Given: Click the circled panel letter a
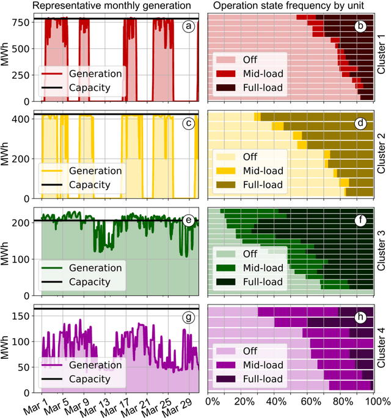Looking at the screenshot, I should coord(190,26).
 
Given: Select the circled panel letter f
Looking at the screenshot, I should coord(361,221).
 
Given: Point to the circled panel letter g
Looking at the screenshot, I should coord(190,318).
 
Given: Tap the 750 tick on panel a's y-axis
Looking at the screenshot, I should coord(27,22).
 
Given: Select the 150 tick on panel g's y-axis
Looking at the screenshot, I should coord(27,316).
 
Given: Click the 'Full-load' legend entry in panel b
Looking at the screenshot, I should coord(263,88).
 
